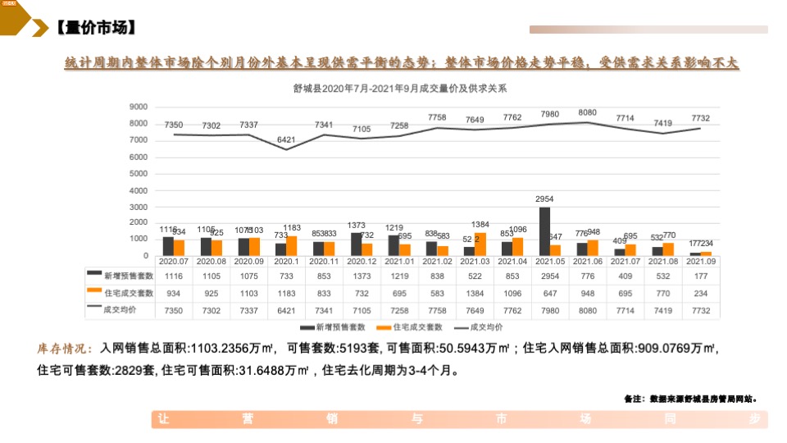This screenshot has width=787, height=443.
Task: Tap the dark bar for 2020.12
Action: pyautogui.click(x=357, y=244)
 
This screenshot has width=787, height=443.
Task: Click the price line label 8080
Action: pyautogui.click(x=587, y=112)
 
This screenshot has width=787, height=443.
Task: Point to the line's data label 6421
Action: pyautogui.click(x=286, y=140)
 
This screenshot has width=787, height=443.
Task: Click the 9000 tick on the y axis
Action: pyautogui.click(x=138, y=107)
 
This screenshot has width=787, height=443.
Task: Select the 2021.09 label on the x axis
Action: pyautogui.click(x=700, y=261)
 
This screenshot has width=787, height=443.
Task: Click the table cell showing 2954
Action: pyautogui.click(x=550, y=276)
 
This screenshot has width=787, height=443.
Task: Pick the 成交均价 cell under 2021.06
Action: pyautogui.click(x=588, y=310)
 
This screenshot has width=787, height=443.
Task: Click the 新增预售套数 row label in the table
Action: pyautogui.click(x=127, y=276)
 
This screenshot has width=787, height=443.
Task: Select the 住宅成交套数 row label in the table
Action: pyautogui.click(x=127, y=293)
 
